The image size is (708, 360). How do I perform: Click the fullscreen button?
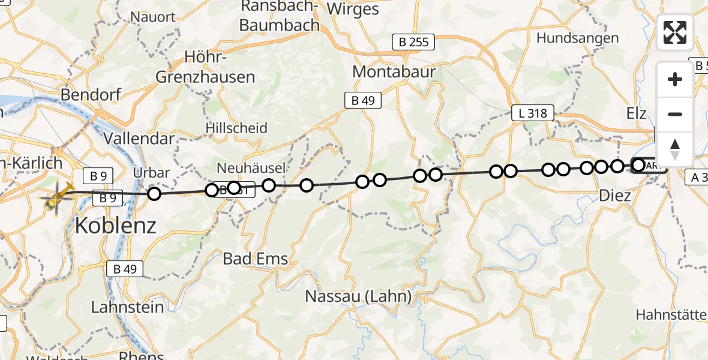click(x=675, y=32)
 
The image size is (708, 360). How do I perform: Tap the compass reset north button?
click(x=675, y=149)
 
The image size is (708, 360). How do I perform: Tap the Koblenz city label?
click(x=116, y=226)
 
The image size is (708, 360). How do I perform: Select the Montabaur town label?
click(x=394, y=71)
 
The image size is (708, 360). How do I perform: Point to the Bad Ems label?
click(x=255, y=259)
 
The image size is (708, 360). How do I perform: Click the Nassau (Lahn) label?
click(x=358, y=296)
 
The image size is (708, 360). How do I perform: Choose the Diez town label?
click(x=615, y=196)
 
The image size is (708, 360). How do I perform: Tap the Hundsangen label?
click(x=577, y=38)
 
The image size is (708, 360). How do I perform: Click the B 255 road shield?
click(x=413, y=42)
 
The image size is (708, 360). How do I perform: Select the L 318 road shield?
click(x=532, y=112)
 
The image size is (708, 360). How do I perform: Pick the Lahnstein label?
click(x=127, y=307)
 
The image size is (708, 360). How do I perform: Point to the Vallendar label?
click(x=139, y=139)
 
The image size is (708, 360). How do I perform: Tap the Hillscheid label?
click(x=236, y=128)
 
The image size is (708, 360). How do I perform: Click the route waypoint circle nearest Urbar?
click(x=154, y=193)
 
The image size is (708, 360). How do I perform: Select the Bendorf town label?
click(x=91, y=95)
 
